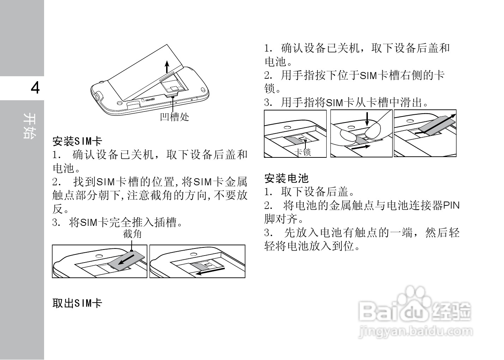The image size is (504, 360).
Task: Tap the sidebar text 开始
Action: pos(29,126)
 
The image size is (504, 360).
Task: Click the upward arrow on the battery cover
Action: pos(168,66)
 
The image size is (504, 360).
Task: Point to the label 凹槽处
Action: pos(175,116)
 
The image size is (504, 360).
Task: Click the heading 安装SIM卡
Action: pos(77,142)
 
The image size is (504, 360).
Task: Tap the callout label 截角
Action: pos(132,234)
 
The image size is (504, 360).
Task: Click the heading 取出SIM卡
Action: pos(77,303)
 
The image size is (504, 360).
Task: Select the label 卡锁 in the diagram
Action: pos(303,152)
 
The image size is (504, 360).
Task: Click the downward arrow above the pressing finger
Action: pos(367,119)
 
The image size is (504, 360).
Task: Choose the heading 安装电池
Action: pos(286,178)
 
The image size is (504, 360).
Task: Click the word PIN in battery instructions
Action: pos(451,205)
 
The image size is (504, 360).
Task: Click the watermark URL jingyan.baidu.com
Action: pos(415,332)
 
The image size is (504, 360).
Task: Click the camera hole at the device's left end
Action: pos(98,96)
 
